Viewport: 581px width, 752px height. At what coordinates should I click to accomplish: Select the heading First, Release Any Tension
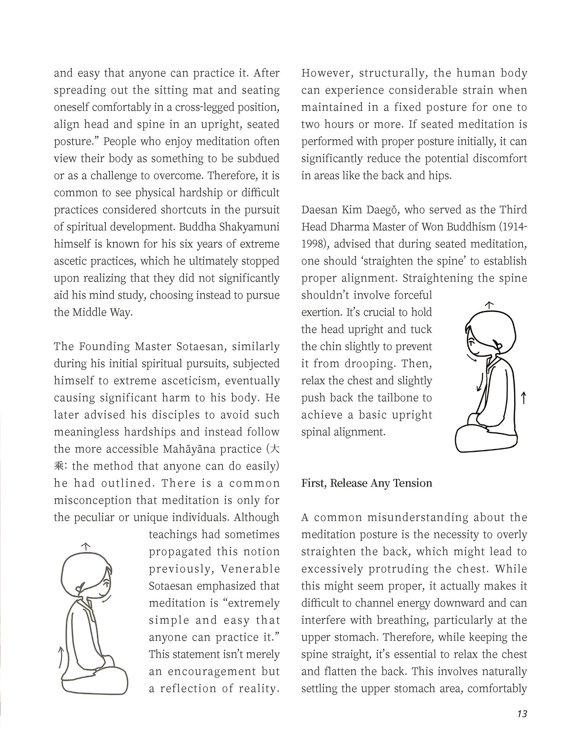point(366,483)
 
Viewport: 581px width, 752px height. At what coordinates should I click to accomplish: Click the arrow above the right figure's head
point(490,305)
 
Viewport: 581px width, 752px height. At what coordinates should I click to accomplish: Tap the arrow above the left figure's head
point(86,546)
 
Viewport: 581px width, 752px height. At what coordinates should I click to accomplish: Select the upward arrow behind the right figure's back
point(523,398)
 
